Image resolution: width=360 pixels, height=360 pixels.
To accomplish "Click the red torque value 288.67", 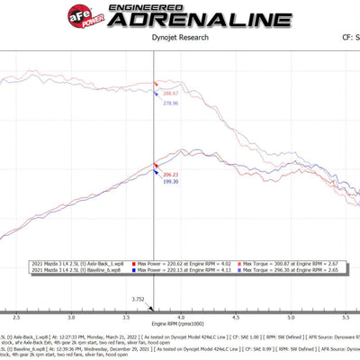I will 170,93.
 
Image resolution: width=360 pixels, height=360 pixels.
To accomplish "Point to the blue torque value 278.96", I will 170,104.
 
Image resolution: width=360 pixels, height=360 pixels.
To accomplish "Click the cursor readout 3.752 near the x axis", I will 138,299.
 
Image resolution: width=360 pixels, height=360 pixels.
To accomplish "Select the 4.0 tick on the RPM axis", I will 182,318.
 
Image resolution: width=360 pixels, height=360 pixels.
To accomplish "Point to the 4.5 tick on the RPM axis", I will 236,318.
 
